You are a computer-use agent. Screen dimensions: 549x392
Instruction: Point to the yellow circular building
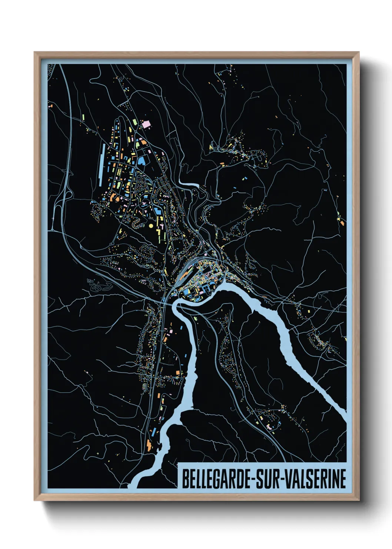point(151,225)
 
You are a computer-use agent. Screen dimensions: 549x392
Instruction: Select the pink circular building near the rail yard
point(206,254)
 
